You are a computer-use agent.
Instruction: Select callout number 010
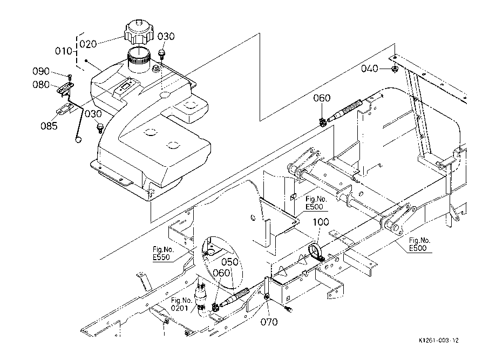tap(63, 51)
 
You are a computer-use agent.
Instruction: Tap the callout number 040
tap(370, 69)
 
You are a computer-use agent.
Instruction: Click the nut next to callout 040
tap(395, 69)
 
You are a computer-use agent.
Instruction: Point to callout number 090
tap(41, 71)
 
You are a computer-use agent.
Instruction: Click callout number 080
tap(41, 85)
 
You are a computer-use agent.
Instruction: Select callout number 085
tap(49, 126)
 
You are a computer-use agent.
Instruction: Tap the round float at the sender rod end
tap(78, 139)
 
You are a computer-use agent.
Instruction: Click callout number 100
tap(321, 222)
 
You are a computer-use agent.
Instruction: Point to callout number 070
tap(269, 322)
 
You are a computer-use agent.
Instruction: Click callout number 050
tap(230, 262)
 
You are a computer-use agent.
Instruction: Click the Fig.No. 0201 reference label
tap(181, 304)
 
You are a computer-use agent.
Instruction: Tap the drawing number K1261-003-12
tap(438, 341)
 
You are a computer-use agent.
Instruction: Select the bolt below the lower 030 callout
tap(100, 128)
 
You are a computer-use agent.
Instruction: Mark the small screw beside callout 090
tap(70, 76)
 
